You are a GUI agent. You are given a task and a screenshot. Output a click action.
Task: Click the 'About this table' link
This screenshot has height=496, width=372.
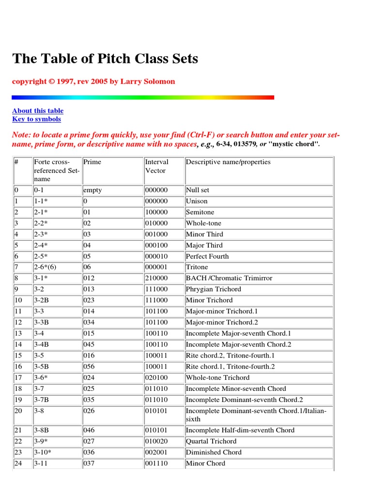click(x=38, y=110)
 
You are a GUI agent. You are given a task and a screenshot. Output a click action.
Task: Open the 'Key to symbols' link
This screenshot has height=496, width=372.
click(x=36, y=119)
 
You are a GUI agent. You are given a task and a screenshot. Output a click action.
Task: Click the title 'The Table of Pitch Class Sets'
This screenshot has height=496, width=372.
click(x=105, y=59)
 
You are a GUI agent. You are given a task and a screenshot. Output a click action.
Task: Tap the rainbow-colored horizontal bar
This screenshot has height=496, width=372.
click(x=143, y=97)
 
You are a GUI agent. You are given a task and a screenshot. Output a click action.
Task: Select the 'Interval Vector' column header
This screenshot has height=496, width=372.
click(x=156, y=166)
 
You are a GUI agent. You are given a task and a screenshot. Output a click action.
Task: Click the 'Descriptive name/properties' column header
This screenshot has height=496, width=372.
click(x=228, y=162)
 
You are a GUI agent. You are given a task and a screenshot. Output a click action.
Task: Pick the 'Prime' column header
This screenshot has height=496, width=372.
click(x=92, y=162)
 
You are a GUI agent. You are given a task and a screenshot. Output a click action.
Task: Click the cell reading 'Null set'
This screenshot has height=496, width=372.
click(x=198, y=190)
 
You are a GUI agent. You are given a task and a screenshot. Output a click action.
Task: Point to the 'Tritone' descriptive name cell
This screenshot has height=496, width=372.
click(x=197, y=267)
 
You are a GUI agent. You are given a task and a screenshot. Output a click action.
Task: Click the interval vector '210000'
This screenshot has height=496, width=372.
click(x=156, y=279)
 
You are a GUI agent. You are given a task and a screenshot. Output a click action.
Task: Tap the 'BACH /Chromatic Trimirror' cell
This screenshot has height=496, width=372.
click(x=229, y=279)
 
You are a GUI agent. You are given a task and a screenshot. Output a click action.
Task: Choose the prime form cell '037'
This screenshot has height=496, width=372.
click(x=90, y=464)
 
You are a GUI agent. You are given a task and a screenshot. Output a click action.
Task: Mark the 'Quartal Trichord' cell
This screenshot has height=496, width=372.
click(x=211, y=441)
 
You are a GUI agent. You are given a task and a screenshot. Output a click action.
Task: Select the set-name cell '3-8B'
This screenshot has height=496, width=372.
click(x=43, y=430)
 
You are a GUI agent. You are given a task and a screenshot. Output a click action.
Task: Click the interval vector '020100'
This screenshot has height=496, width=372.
click(x=156, y=378)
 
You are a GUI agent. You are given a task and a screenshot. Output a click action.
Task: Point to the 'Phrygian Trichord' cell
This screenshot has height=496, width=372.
click(x=213, y=289)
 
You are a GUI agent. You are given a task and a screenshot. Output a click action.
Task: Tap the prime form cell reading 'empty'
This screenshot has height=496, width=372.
click(x=93, y=190)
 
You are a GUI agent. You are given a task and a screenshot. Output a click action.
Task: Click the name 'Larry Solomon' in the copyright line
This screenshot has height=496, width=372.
click(x=147, y=81)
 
